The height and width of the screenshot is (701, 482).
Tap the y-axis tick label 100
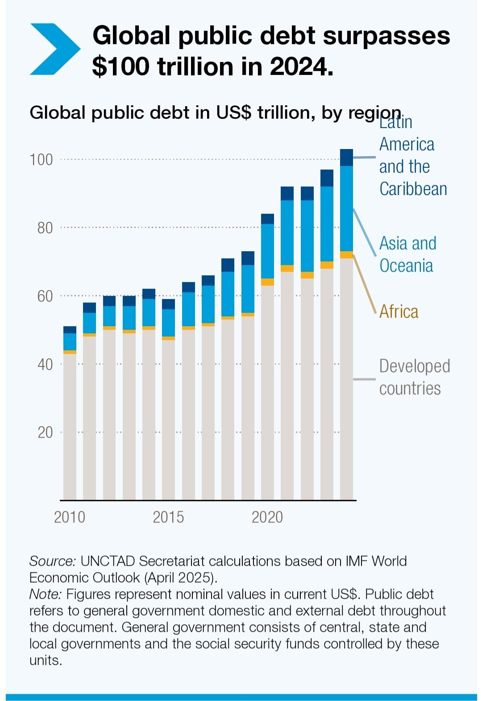(41, 160)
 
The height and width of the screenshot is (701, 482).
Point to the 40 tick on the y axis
(45, 365)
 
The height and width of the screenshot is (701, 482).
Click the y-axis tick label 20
(45, 432)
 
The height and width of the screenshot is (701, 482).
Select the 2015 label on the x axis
(168, 517)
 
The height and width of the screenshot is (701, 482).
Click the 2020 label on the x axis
(267, 517)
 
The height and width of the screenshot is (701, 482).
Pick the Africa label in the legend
(399, 311)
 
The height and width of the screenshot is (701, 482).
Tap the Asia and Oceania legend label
(407, 254)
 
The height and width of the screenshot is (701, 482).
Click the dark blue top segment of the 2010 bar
(70, 330)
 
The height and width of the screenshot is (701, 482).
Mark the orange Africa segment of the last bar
(346, 255)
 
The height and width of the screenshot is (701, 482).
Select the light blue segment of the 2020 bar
(267, 251)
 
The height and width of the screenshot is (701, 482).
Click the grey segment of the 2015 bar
(168, 419)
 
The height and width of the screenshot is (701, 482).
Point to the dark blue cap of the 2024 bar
(346, 157)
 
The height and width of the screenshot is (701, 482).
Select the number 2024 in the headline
(301, 66)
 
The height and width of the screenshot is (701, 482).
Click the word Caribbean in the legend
(413, 189)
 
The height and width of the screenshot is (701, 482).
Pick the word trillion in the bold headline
(195, 66)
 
